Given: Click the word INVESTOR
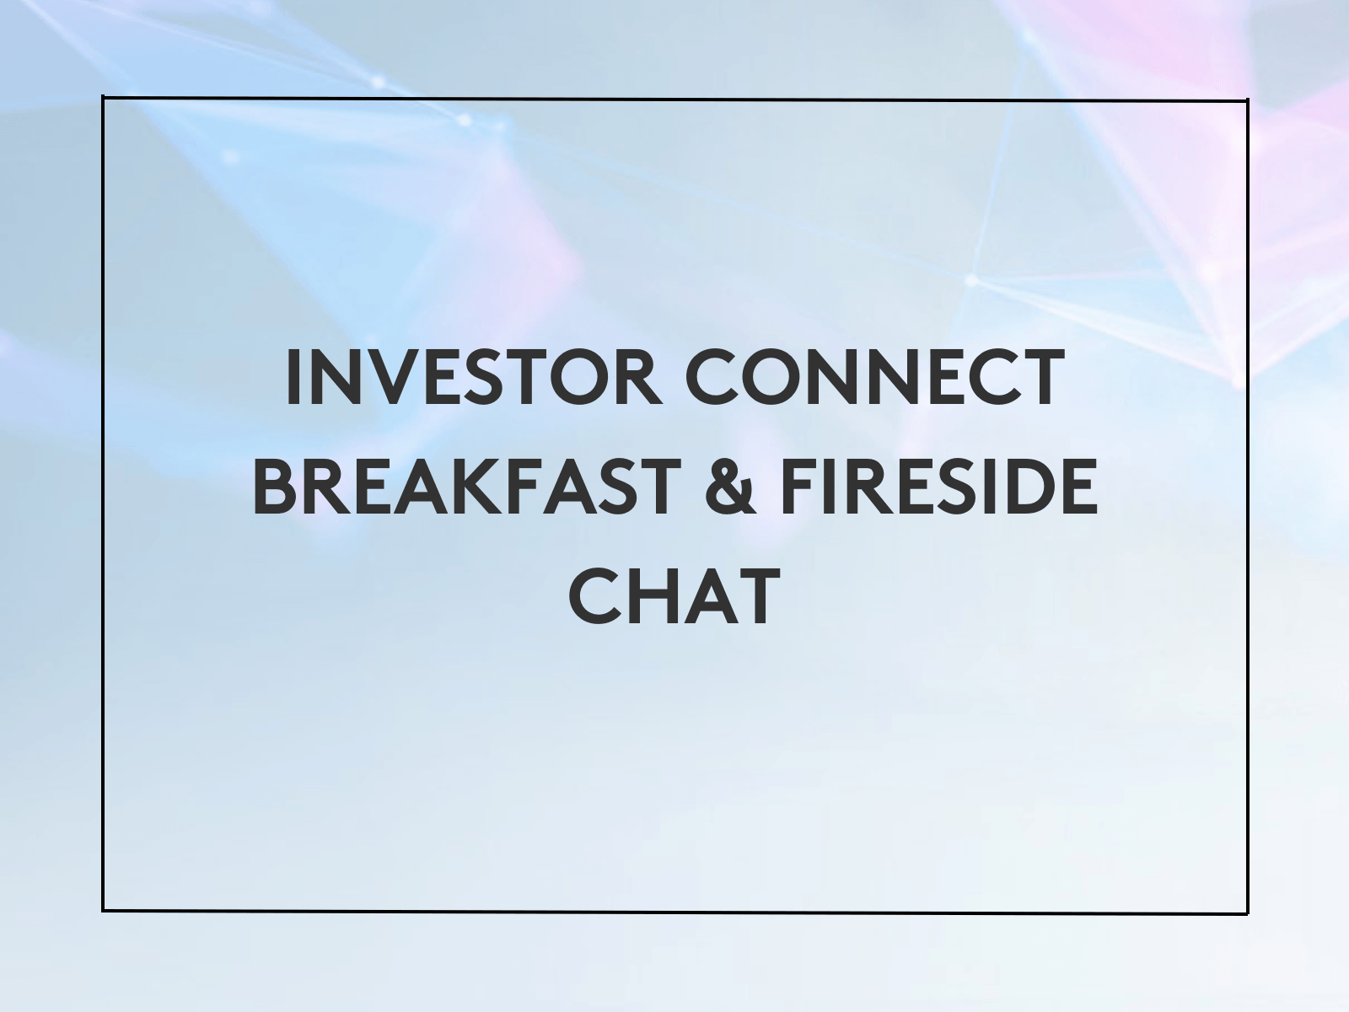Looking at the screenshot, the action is tap(474, 377).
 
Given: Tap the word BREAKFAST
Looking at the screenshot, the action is tap(467, 487).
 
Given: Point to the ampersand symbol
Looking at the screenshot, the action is tap(729, 487).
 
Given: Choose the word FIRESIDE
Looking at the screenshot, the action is tap(938, 487).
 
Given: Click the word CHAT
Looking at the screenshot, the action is tap(674, 596).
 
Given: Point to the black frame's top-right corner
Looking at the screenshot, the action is tap(1248, 100).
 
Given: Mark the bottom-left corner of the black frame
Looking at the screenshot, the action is tap(103, 911).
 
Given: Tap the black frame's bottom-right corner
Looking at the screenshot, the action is tap(1248, 913).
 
